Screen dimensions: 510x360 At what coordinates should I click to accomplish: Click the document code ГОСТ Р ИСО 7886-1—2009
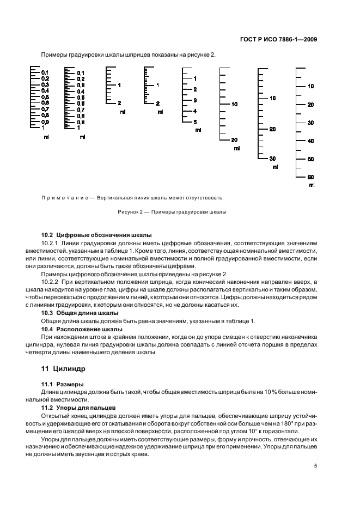click(x=278, y=39)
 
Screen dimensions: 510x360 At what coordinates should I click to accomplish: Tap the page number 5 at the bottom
click(x=316, y=465)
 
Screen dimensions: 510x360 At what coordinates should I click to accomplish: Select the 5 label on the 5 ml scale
click(x=195, y=122)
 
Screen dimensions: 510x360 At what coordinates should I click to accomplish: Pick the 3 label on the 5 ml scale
click(x=195, y=100)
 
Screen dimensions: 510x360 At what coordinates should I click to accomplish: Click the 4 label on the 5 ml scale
click(x=195, y=111)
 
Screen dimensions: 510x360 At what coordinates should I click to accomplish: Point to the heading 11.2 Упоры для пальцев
click(x=78, y=408)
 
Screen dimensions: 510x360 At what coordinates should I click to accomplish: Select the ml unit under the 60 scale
click(x=312, y=185)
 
